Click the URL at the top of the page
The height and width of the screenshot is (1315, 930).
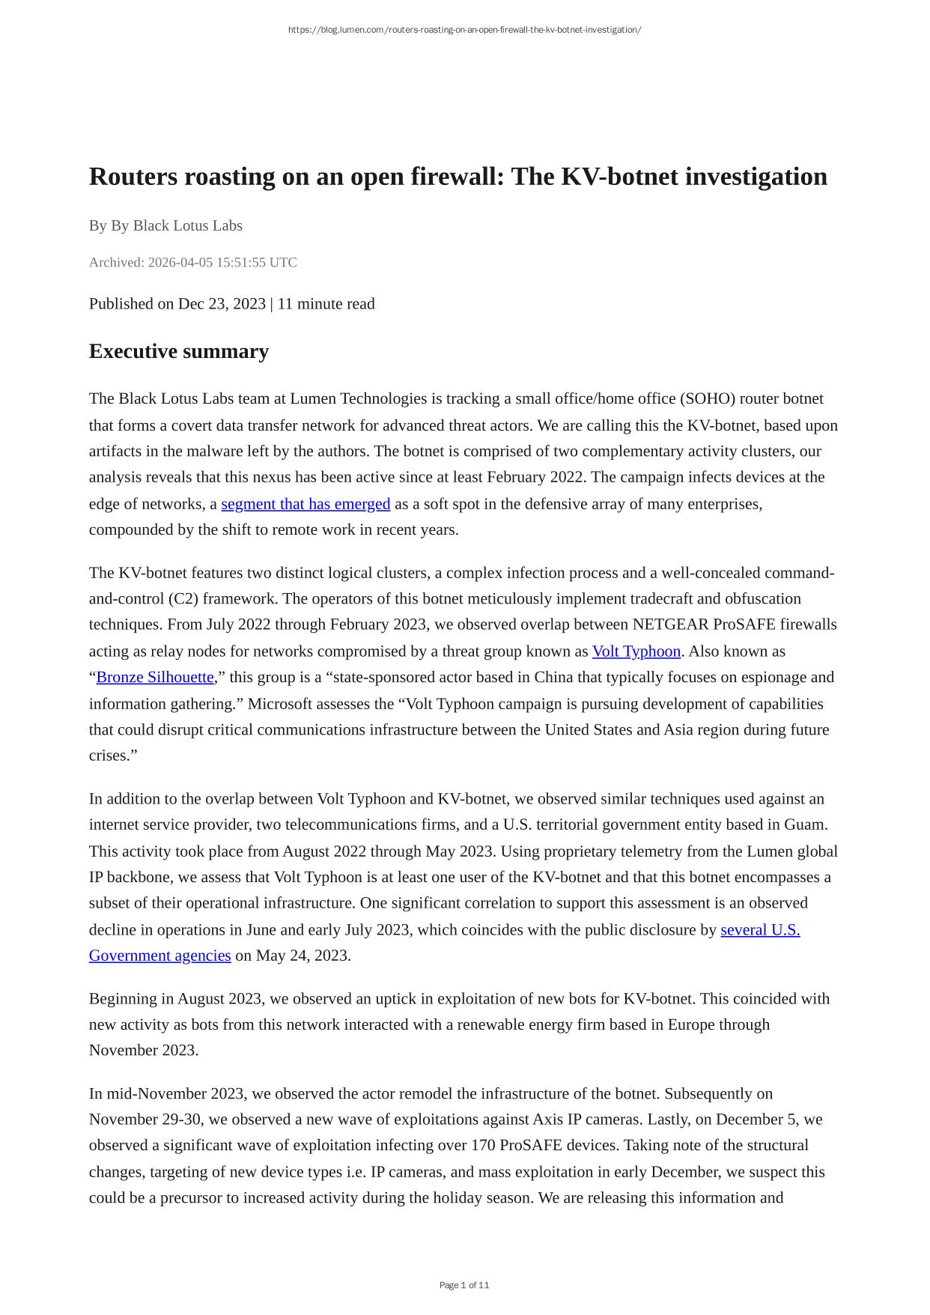[464, 30]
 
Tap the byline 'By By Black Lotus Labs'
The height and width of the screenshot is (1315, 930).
[165, 225]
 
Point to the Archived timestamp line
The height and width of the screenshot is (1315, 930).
[192, 262]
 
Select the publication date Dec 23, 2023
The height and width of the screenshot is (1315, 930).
[222, 303]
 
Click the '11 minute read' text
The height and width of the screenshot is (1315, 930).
[326, 303]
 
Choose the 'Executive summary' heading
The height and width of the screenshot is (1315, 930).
[178, 351]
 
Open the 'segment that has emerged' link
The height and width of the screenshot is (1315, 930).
[306, 504]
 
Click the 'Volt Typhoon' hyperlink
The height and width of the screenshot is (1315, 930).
[636, 652]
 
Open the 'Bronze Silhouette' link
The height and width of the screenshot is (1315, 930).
[155, 677]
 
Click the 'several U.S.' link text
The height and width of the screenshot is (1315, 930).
[760, 930]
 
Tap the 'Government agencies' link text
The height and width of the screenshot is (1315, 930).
[159, 956]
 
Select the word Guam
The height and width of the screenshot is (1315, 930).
[805, 824]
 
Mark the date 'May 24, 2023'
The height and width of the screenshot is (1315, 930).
[303, 956]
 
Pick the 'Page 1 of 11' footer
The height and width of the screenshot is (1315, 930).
[464, 1285]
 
